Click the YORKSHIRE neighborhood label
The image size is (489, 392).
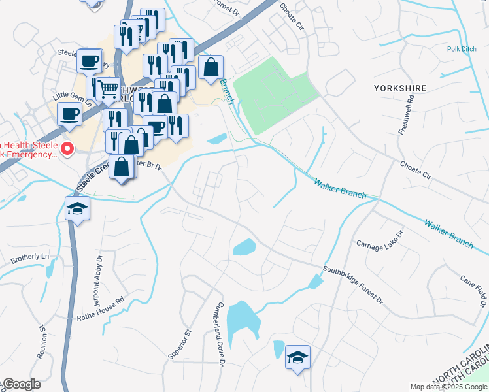[400, 88]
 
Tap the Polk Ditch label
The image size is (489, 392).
[462, 49]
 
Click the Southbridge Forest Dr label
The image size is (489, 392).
[352, 284]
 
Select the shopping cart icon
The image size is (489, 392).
[109, 88]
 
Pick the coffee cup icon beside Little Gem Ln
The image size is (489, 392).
[69, 114]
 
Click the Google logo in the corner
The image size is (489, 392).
[21, 385]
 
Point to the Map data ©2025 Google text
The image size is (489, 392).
[448, 387]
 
